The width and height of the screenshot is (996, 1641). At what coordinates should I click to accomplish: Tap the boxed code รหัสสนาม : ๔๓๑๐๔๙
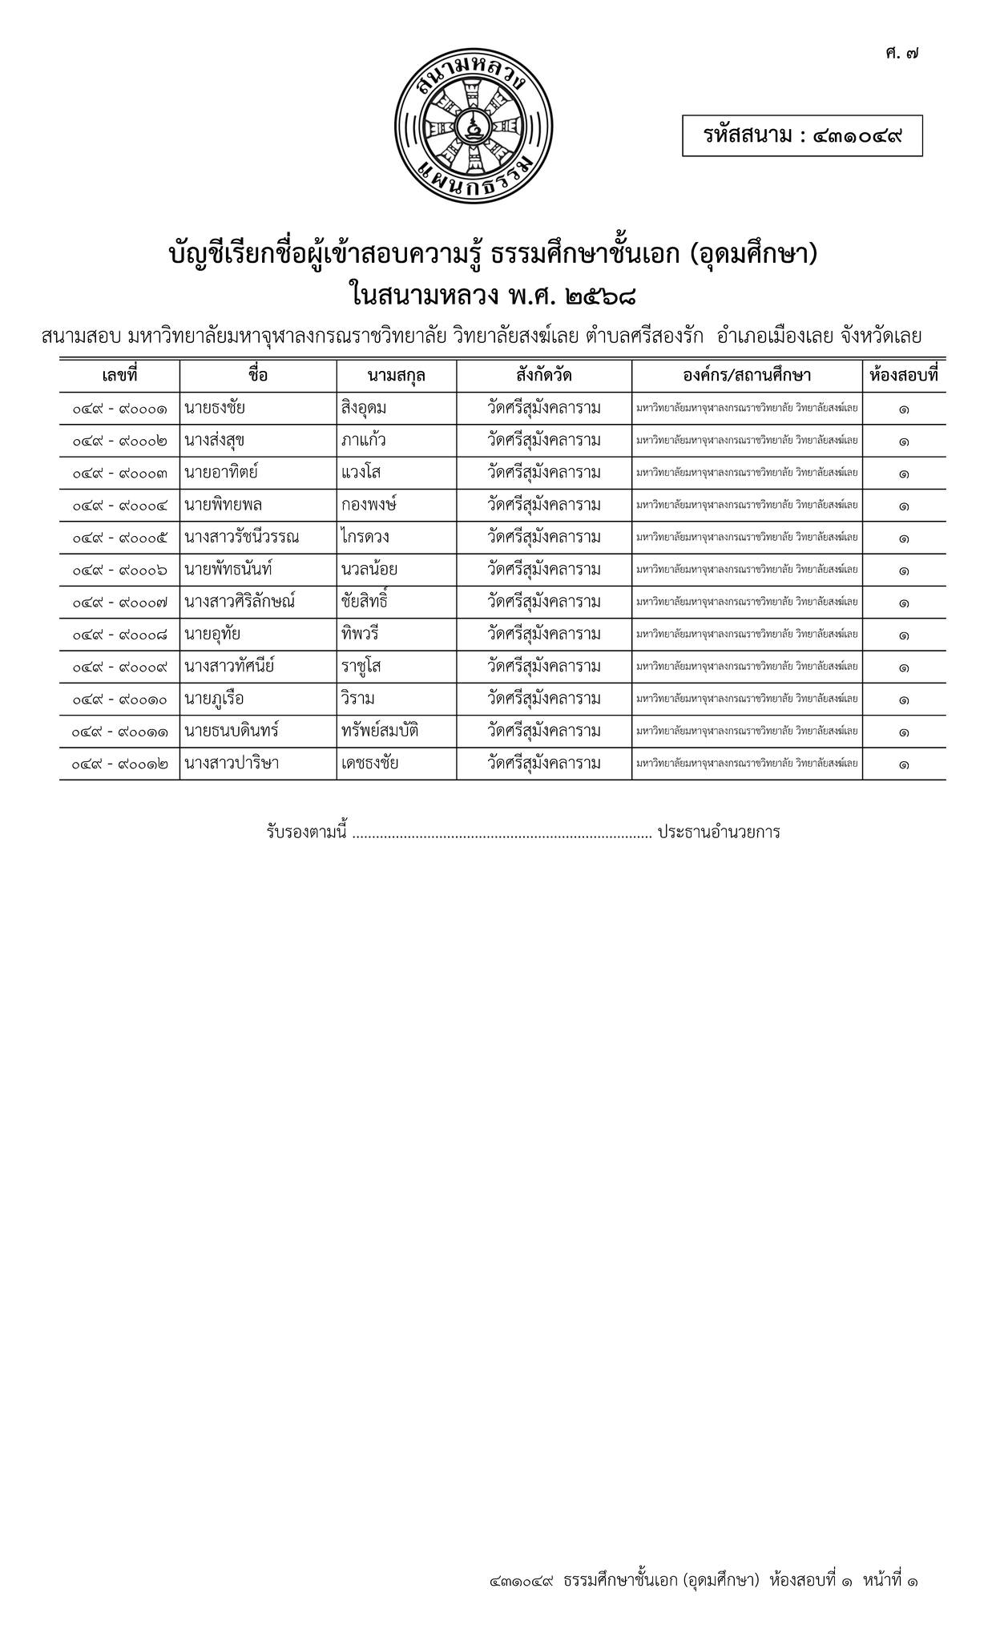(802, 135)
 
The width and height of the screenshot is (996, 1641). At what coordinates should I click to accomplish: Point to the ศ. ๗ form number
(902, 54)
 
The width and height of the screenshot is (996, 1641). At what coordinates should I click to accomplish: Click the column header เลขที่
(119, 375)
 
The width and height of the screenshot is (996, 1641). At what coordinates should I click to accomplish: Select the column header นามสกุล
(396, 375)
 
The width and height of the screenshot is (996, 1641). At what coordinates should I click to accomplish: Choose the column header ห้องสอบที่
(903, 375)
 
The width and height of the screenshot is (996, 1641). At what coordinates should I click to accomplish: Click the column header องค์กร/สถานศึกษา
(746, 375)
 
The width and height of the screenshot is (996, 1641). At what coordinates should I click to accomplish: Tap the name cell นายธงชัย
(214, 408)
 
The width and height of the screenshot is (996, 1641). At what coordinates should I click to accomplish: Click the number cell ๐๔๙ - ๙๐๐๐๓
(119, 474)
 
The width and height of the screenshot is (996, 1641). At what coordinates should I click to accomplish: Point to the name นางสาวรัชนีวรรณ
(241, 538)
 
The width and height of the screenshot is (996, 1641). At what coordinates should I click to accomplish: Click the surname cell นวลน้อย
(369, 570)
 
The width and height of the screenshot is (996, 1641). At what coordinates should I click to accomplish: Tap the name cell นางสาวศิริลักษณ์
(240, 602)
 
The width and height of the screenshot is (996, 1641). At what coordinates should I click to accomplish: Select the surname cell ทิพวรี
(359, 635)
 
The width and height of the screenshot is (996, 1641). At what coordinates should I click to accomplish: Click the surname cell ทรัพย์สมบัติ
(380, 731)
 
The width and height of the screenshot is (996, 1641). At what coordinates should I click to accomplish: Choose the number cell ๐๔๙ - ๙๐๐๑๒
(119, 764)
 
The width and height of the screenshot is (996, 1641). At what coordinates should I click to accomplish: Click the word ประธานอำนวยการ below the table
(719, 832)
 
